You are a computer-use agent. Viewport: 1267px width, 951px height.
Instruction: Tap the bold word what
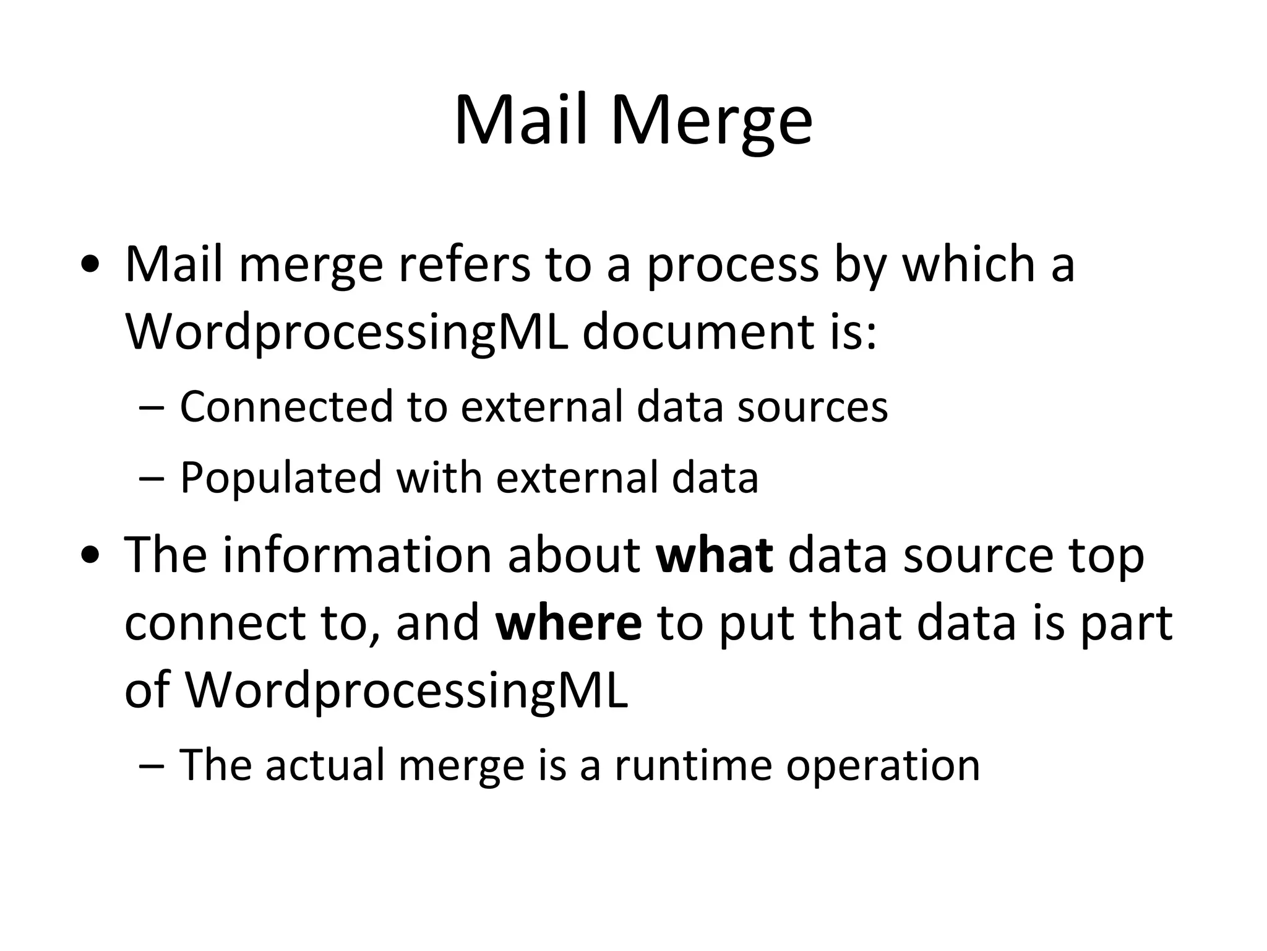(714, 554)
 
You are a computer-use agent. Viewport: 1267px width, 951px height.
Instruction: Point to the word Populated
(281, 477)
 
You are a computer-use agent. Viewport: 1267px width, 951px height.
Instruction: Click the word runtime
(693, 765)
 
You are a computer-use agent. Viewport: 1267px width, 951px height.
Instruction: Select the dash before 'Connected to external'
(151, 409)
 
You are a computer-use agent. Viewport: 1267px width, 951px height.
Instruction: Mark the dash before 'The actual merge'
(151, 766)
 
